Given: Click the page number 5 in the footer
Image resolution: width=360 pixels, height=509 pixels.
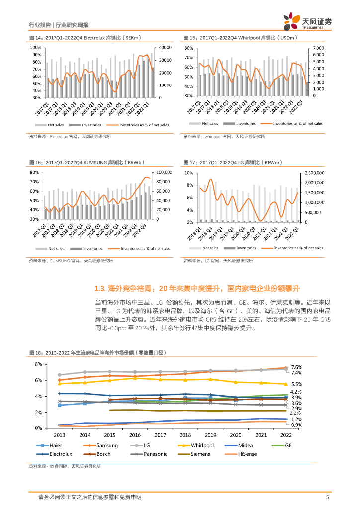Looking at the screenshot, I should (327, 497).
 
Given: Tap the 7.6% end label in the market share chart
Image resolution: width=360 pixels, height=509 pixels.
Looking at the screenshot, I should (296, 367).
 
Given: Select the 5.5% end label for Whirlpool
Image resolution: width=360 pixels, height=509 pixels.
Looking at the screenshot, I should (296, 384).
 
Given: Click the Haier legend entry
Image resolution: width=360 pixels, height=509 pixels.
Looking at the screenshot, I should (55, 445).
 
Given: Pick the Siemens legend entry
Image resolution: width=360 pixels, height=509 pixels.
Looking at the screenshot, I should (200, 454).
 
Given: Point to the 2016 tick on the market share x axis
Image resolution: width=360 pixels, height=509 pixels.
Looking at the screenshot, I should (134, 433).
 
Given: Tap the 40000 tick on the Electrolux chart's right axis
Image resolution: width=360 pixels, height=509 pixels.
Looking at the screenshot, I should (165, 47).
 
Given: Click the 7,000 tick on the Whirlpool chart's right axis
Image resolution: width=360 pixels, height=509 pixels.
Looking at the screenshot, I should (318, 48).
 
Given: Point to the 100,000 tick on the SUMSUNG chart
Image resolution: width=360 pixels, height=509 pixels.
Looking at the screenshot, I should (164, 172).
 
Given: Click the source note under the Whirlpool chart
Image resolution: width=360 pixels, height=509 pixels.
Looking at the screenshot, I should (224, 136).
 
